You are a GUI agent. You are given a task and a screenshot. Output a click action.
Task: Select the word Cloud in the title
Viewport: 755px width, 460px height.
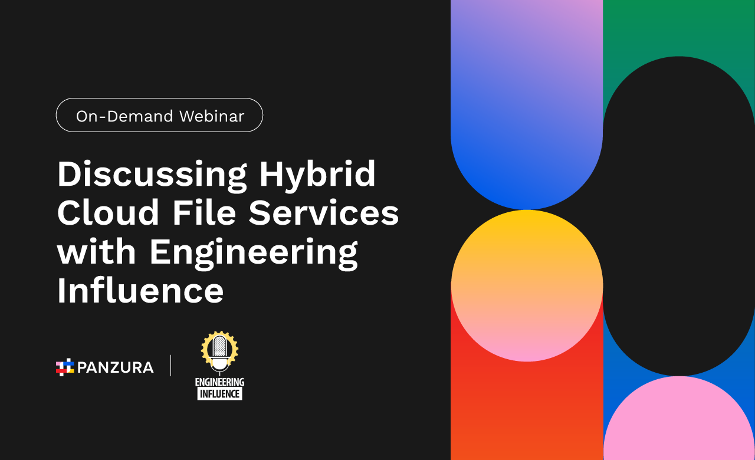(108, 212)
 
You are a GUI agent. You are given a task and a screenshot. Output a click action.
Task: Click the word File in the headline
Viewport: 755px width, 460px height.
(204, 212)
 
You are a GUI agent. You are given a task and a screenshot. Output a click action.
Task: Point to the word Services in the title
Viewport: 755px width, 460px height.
(324, 212)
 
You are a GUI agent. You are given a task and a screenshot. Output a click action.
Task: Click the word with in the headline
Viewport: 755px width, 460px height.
(96, 251)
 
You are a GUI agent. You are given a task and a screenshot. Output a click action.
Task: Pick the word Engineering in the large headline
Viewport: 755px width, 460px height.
(254, 254)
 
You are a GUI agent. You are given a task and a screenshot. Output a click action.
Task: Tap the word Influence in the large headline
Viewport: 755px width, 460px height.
(140, 290)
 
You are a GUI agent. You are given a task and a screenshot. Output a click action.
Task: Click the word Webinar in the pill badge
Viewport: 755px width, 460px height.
(212, 116)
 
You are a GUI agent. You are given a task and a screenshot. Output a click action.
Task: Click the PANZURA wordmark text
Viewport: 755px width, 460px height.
(116, 367)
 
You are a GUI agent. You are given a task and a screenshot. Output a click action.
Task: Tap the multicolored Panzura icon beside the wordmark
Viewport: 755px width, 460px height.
(65, 367)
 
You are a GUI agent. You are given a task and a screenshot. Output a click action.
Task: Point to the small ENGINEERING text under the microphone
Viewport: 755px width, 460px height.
(220, 382)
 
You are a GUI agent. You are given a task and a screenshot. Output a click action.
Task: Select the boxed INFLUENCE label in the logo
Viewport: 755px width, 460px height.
(220, 393)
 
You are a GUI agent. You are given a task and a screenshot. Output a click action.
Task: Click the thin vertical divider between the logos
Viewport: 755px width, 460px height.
(171, 365)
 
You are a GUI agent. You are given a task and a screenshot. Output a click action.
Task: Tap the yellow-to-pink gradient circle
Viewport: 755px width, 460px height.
(527, 286)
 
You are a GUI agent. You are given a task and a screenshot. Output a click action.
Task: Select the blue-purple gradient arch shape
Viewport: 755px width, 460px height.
(527, 101)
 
